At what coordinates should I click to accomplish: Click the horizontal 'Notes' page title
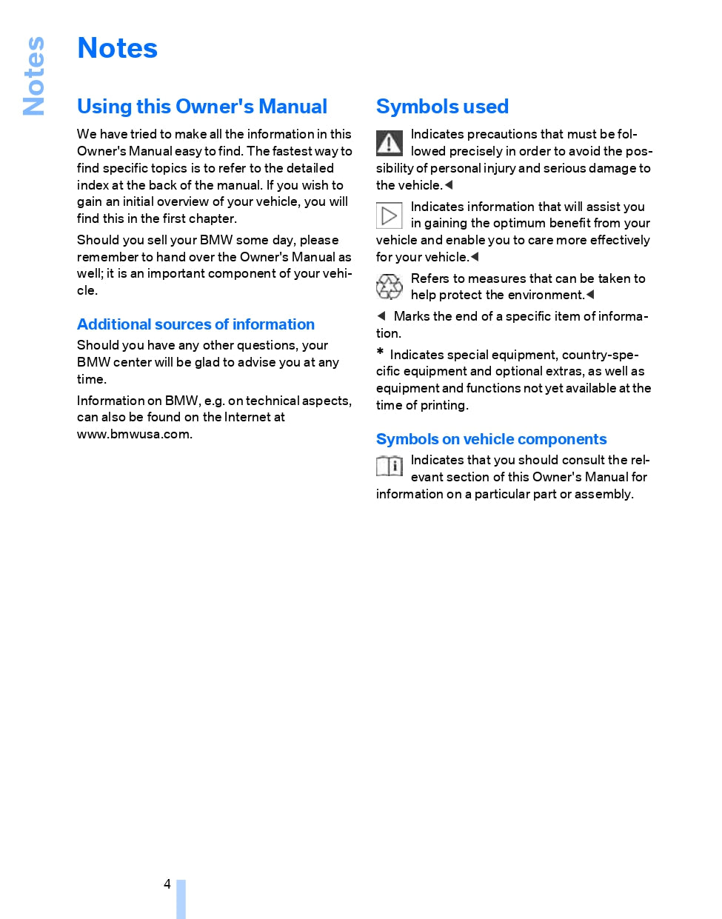tap(117, 49)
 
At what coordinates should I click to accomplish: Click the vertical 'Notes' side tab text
tap(34, 76)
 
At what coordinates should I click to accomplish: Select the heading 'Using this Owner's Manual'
tap(201, 107)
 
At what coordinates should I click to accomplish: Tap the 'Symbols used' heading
tap(442, 107)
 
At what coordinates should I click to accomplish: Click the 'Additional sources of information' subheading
tap(195, 324)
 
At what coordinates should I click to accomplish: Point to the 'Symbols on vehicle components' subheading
tap(491, 439)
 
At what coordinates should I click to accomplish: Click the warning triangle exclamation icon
tap(389, 142)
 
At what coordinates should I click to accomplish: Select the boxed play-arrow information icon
tap(389, 215)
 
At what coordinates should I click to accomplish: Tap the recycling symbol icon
tap(389, 287)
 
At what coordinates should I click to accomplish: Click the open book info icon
tap(389, 466)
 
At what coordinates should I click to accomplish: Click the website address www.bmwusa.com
tap(134, 434)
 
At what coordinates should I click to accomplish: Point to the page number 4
tap(167, 884)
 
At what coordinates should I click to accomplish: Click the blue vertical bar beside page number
tap(181, 898)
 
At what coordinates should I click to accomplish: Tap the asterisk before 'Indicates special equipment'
tap(380, 352)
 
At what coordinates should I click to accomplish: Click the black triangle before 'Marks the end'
tap(381, 316)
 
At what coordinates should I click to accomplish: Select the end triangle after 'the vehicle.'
tap(449, 185)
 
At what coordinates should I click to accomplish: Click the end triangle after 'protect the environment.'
tap(590, 295)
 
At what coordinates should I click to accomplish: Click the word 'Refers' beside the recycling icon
tap(429, 278)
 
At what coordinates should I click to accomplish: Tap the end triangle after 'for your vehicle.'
tap(475, 257)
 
